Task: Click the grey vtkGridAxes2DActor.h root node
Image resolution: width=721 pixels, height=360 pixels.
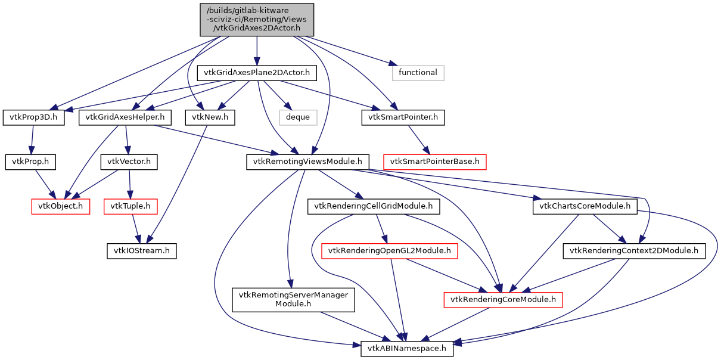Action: [x=256, y=19]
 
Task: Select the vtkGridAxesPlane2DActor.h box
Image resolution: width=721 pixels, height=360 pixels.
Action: [x=257, y=73]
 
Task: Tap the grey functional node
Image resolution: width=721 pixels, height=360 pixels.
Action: [x=418, y=73]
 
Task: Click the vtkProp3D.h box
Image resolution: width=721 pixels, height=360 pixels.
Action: [x=33, y=117]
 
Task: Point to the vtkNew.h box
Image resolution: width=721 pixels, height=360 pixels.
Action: [x=210, y=117]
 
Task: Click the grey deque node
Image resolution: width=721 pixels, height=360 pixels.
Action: [x=298, y=117]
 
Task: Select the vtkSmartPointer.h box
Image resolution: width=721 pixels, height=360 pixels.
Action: [x=403, y=117]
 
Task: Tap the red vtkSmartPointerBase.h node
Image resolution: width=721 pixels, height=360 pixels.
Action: [x=435, y=162]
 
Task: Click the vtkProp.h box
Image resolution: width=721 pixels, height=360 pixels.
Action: [x=30, y=162]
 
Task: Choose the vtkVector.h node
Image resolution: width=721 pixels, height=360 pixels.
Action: [x=129, y=162]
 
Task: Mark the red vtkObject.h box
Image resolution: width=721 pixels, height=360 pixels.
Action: [x=60, y=206]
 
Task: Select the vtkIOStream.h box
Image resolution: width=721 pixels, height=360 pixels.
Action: [x=142, y=251]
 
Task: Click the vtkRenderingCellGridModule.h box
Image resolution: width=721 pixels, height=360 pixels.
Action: [x=374, y=206]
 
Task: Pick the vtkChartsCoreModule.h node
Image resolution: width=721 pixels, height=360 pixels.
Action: [x=585, y=206]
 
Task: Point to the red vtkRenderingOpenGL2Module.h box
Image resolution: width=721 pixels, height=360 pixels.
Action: [x=390, y=251]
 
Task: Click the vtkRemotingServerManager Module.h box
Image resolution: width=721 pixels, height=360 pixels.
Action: [x=293, y=299]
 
